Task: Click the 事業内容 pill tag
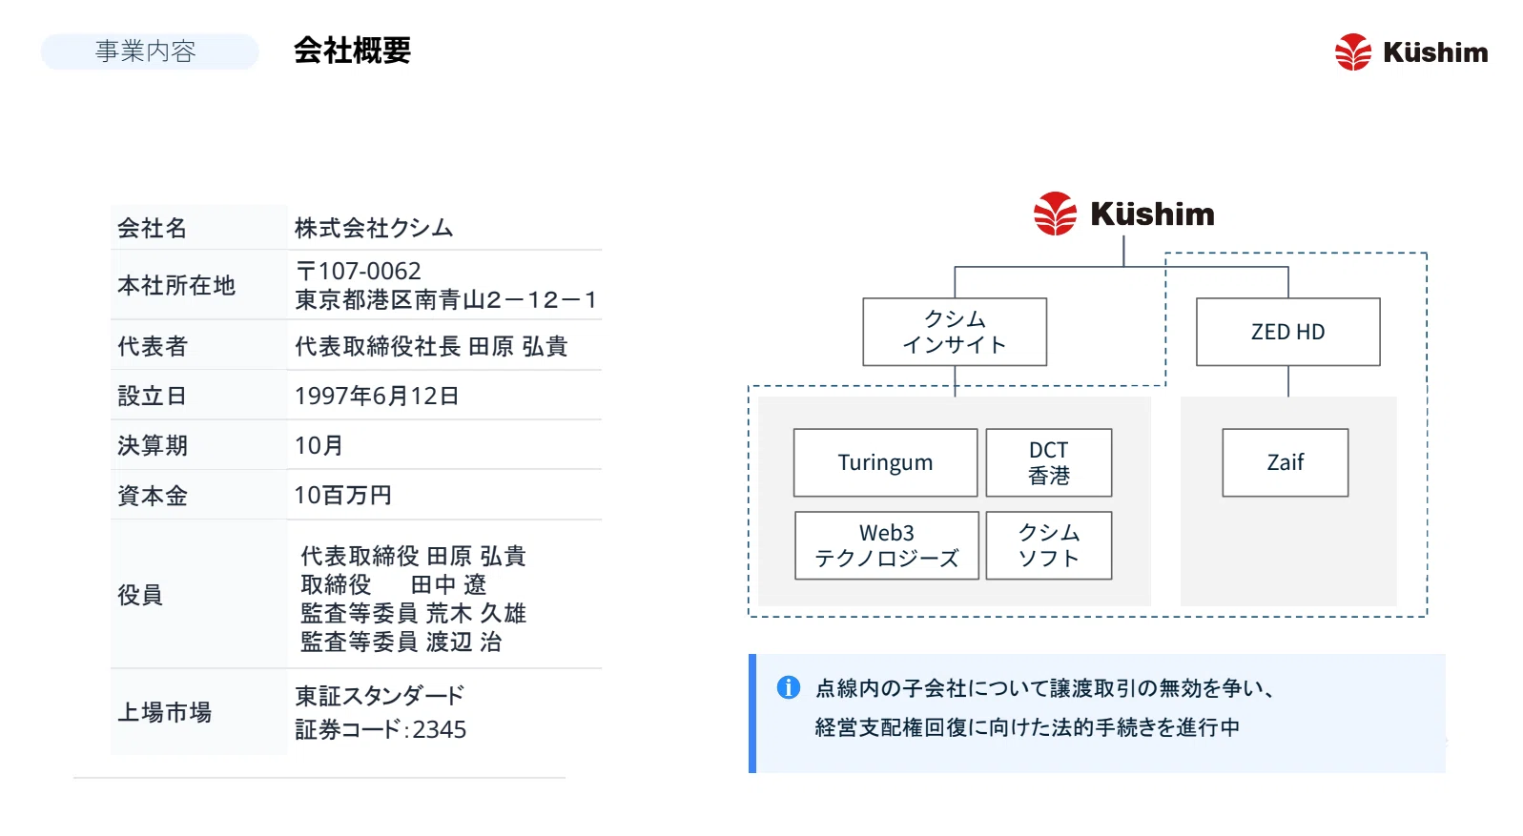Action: tap(150, 51)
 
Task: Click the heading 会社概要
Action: tap(352, 51)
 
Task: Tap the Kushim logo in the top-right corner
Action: tap(1410, 51)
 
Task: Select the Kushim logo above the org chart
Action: tap(1123, 214)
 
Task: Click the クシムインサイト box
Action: tap(955, 332)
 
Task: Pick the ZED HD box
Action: tap(1287, 332)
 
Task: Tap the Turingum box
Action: tap(885, 462)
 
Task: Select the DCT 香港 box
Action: tap(1049, 462)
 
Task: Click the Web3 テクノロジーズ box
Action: tap(887, 545)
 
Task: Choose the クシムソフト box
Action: tap(1049, 545)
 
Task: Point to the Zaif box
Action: tap(1285, 462)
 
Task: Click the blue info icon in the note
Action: tap(788, 688)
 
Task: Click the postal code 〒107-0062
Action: tap(359, 271)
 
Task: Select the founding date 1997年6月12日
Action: tap(377, 396)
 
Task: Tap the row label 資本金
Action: tap(153, 496)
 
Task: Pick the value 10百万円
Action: tap(342, 495)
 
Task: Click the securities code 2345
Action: tap(440, 729)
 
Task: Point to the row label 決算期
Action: tap(153, 445)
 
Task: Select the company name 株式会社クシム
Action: tap(374, 228)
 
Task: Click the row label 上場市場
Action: tap(165, 712)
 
